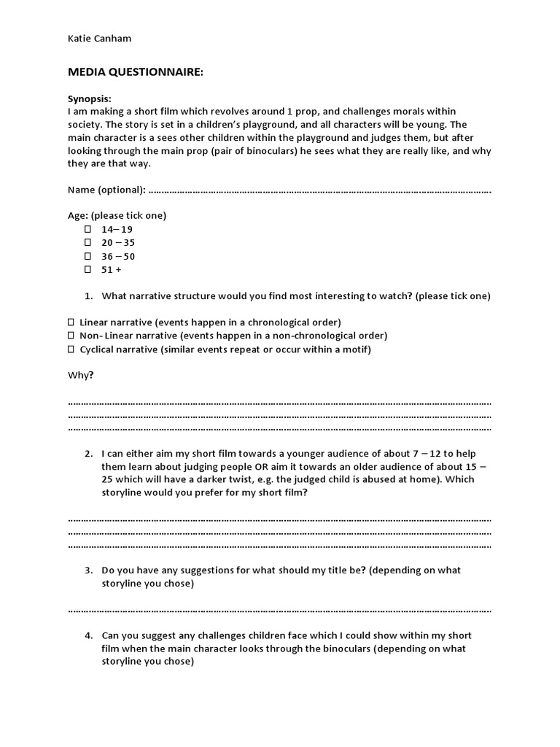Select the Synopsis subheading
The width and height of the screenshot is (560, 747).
pos(90,98)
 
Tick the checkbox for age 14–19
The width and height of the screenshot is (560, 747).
pos(87,229)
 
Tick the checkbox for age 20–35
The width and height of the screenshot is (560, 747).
pos(87,242)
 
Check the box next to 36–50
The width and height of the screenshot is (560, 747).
pos(87,256)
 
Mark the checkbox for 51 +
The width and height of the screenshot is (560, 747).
pos(87,269)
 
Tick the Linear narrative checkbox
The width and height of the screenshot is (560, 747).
pos(71,322)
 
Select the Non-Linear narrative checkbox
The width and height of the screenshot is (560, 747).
pos(71,336)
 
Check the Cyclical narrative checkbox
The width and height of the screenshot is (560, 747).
pos(71,349)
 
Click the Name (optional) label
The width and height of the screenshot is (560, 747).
pos(106,190)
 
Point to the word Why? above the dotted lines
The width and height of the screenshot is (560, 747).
pos(81,375)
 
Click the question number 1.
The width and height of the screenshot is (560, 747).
pos(87,296)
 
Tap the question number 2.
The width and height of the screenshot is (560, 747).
pos(87,453)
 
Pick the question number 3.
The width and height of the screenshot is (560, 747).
pos(87,570)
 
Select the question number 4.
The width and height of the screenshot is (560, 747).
pos(87,635)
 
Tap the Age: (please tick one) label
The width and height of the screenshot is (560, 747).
pos(117,216)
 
